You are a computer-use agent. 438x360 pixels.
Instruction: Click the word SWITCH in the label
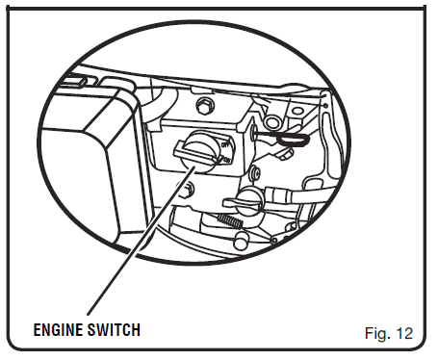[x=112, y=330]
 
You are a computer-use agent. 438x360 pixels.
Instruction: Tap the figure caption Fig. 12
[x=389, y=334]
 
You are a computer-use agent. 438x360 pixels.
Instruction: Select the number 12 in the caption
[x=404, y=334]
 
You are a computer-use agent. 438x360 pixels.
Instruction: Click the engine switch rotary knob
[x=200, y=151]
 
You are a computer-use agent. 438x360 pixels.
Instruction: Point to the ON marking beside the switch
[x=227, y=160]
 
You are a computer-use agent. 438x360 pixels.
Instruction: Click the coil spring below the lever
[x=230, y=220]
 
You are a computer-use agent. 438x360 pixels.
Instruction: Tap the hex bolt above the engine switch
[x=204, y=106]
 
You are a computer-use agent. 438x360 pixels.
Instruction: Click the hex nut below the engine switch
[x=187, y=190]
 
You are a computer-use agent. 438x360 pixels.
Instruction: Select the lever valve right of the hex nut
[x=245, y=201]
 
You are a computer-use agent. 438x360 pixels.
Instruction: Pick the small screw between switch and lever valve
[x=256, y=171]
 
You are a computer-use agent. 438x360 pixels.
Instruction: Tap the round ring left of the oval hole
[x=272, y=122]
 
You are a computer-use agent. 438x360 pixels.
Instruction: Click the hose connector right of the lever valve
[x=278, y=194]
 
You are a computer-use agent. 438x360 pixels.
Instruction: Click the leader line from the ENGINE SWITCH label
[x=142, y=241]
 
